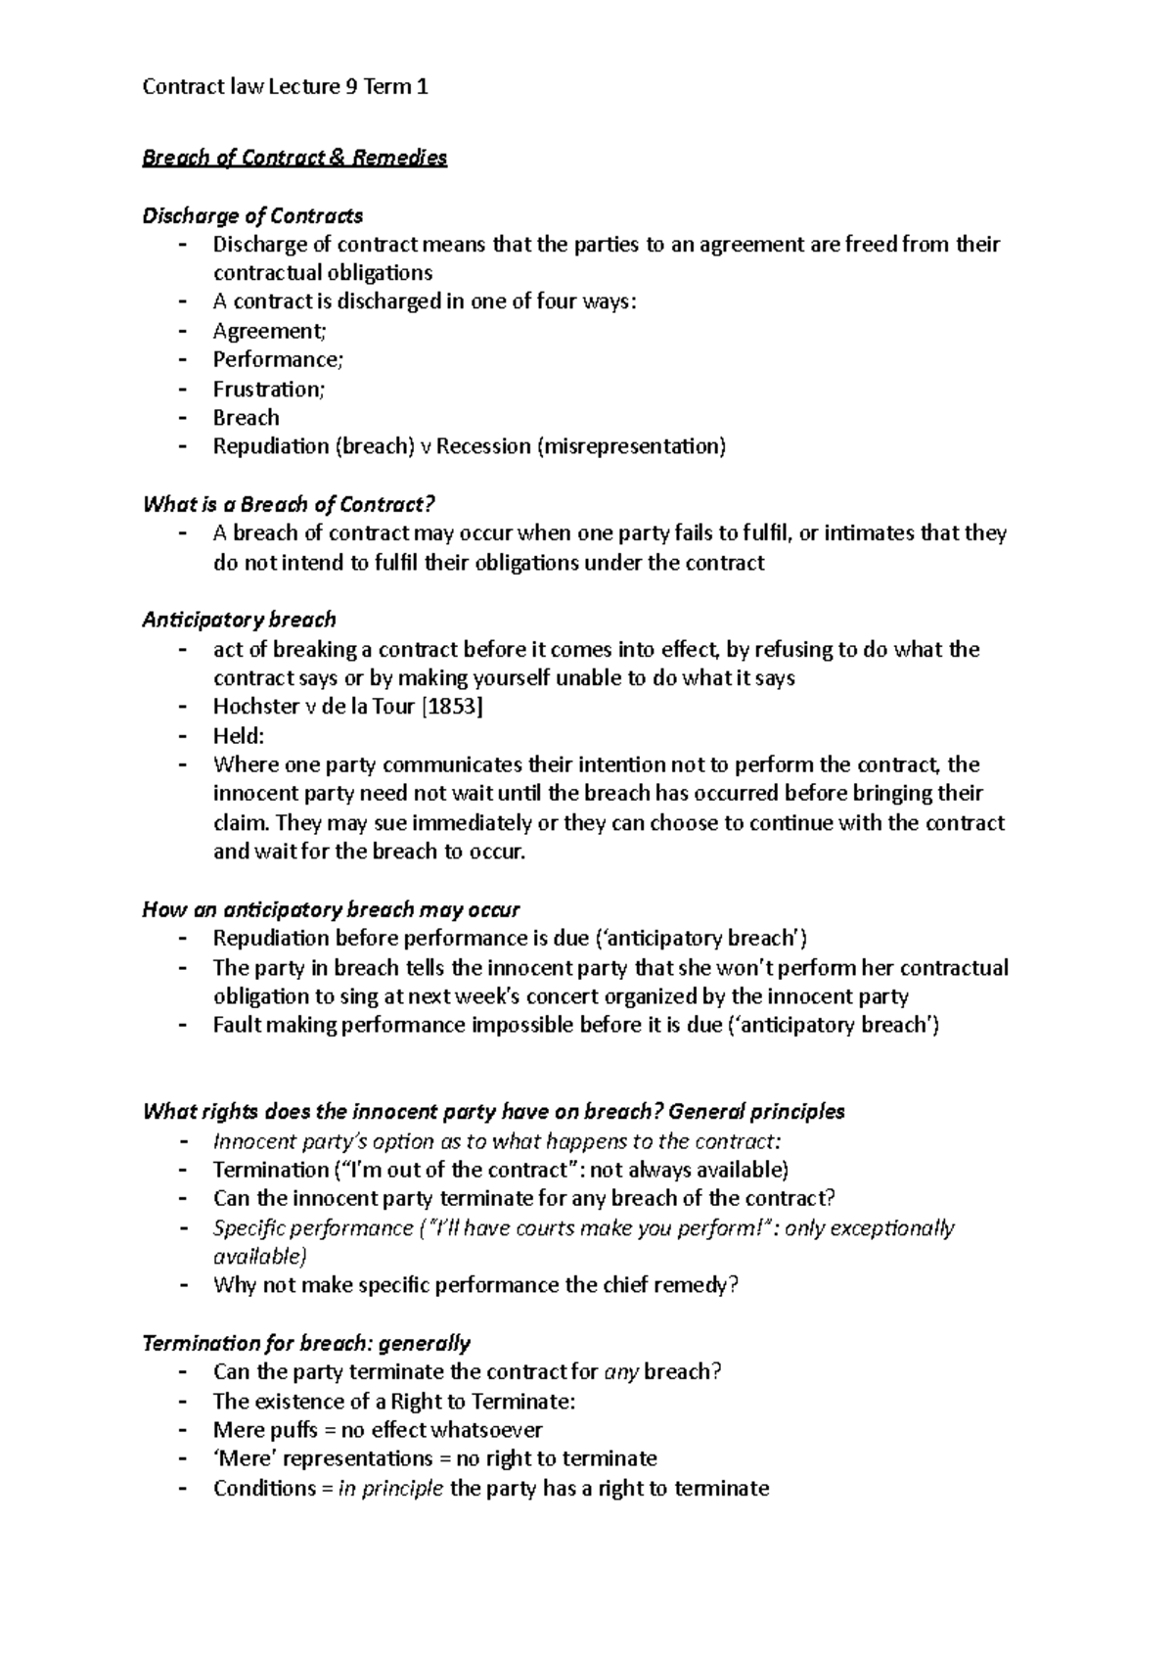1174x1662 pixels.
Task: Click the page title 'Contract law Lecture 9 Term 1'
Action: point(285,87)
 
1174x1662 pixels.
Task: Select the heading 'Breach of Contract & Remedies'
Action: point(294,158)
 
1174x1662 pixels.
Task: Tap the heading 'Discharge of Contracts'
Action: point(252,215)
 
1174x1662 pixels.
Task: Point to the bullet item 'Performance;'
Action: point(279,359)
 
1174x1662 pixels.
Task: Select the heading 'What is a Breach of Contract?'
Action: point(288,504)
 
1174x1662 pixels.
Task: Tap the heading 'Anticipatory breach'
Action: point(239,620)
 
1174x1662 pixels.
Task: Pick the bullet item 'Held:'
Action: point(239,735)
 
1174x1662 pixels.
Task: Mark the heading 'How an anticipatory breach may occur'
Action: point(331,909)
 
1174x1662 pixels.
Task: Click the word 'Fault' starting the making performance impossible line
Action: point(236,1025)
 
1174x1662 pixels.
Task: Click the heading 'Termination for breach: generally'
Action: point(306,1343)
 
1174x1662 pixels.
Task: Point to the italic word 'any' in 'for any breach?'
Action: point(621,1371)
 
